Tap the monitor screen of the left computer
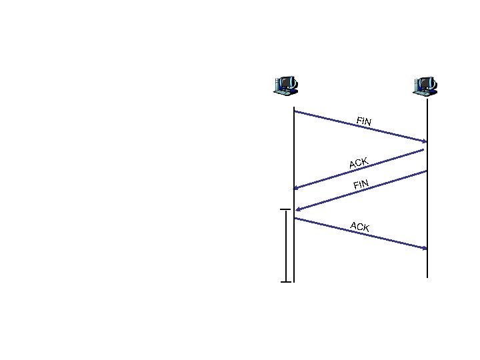tap(287, 83)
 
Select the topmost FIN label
tap(364, 121)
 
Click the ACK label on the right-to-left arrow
tap(359, 163)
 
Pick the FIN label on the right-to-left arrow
tap(361, 184)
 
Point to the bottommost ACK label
tap(360, 227)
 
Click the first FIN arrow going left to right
tap(360, 127)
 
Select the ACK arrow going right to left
tap(360, 169)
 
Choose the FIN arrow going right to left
tap(360, 191)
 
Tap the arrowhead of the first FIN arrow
tap(424, 141)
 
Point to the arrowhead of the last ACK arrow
tap(424, 248)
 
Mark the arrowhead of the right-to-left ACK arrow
tap(297, 187)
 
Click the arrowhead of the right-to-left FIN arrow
tap(297, 209)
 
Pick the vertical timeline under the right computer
tap(427, 200)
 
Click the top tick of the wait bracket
tap(286, 209)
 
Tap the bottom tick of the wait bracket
tap(286, 282)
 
